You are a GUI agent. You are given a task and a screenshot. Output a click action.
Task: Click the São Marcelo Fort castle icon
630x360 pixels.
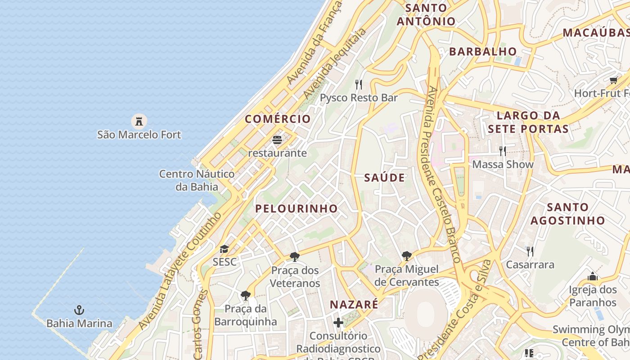(139, 121)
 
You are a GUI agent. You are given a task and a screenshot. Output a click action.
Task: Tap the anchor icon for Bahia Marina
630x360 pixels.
(79, 310)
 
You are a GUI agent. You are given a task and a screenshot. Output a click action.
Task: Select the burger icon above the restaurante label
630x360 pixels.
(277, 140)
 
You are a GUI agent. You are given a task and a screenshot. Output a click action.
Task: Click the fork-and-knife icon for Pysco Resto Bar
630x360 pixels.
(359, 84)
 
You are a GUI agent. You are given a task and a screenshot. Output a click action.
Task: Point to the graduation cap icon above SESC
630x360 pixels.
(224, 249)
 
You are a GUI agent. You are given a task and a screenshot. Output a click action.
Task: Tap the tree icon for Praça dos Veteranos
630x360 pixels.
(295, 257)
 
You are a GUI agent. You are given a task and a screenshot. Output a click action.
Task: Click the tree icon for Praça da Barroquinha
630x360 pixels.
(245, 296)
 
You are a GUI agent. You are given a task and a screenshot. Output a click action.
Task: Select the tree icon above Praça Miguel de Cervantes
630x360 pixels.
(407, 256)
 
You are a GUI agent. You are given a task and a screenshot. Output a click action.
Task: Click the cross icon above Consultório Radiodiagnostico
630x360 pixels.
(338, 323)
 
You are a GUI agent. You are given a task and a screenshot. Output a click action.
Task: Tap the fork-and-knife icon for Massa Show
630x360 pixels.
(503, 151)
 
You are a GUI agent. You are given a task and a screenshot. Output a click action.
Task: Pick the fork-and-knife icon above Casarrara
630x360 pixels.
(530, 251)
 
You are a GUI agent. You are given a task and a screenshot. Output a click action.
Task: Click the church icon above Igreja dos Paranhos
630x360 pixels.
(592, 276)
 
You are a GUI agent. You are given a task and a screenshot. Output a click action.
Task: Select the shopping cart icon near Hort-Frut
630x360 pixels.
(613, 81)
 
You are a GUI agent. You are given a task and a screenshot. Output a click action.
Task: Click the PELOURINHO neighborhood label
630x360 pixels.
(297, 208)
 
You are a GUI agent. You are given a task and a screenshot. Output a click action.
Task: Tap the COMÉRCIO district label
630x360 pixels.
(278, 119)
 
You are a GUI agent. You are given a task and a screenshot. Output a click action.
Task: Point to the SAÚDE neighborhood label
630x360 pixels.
(384, 178)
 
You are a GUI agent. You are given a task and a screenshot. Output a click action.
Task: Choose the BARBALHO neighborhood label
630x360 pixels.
(483, 51)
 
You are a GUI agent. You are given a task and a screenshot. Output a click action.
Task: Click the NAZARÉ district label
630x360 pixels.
(354, 305)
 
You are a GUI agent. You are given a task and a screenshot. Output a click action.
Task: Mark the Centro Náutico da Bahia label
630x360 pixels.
(197, 180)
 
